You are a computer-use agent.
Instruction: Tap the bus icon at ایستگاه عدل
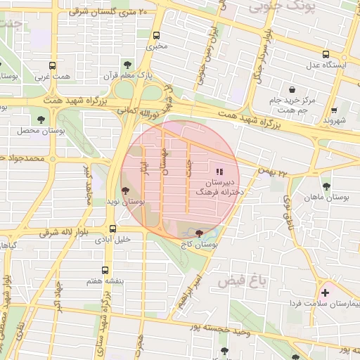coord(326,55)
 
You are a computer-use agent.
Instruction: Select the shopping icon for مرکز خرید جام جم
coord(292,89)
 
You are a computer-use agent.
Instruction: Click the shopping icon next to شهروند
coord(333,110)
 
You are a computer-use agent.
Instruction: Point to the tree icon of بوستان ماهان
coord(326,186)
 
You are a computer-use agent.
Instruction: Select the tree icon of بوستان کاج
coord(199,233)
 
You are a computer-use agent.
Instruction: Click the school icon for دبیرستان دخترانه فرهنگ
coord(219,171)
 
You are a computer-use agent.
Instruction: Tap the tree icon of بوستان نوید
coord(125,190)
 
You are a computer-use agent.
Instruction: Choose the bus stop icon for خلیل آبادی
coord(112,229)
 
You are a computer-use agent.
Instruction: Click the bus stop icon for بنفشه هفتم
coord(105,270)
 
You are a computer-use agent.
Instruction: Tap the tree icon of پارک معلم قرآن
coord(127,64)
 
